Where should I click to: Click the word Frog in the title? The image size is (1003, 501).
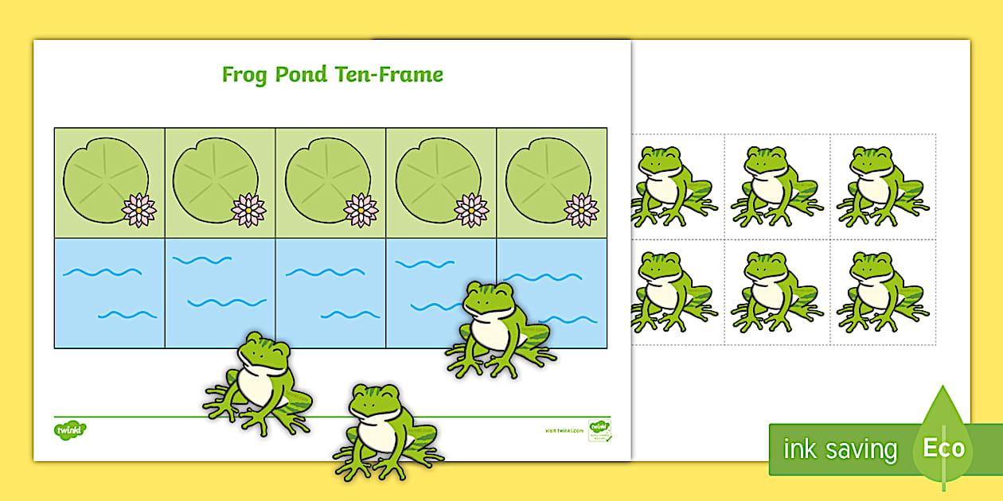(245, 76)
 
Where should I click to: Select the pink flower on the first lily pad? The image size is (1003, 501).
(139, 210)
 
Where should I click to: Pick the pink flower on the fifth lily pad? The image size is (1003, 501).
(581, 210)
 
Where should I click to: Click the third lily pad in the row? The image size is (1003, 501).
(326, 180)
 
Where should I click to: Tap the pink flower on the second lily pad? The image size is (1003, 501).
(248, 210)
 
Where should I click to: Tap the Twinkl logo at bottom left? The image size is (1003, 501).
(70, 430)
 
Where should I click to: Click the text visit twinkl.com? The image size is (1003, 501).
(564, 430)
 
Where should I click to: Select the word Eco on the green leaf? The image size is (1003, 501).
(943, 448)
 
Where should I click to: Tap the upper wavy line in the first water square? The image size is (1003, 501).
(102, 272)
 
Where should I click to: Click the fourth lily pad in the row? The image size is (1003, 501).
(436, 180)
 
